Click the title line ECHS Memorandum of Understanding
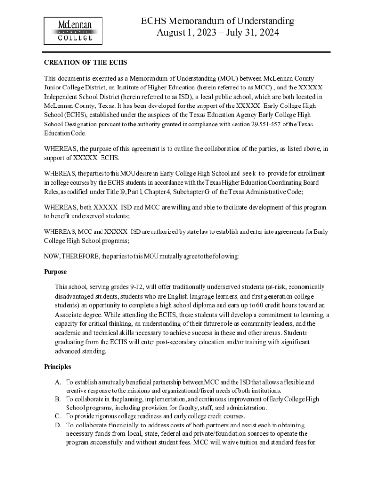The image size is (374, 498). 218,21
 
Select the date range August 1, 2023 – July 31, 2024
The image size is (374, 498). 218,33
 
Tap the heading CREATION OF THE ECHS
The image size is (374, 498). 85,63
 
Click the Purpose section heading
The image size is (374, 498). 55,272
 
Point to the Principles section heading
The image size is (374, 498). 58,366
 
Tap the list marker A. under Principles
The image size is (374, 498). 58,382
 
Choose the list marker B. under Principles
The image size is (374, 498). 58,399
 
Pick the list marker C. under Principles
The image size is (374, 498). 58,416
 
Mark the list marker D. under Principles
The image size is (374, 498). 58,425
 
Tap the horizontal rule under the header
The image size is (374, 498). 187,52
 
